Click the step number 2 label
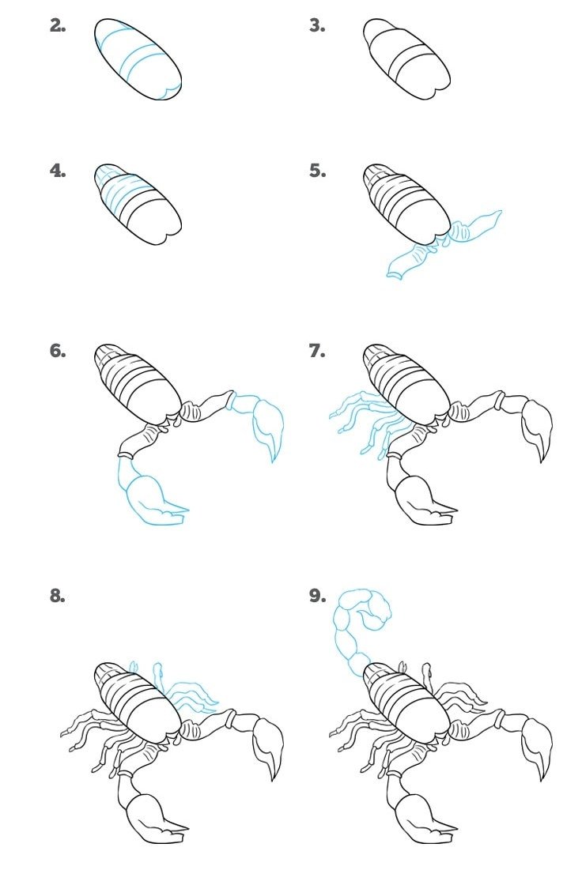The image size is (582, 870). (58, 25)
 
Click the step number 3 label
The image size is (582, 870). (317, 25)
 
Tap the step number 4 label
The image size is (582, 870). (58, 171)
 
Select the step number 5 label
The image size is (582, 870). (317, 171)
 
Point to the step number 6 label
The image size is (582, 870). (58, 351)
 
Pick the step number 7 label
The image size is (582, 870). (317, 351)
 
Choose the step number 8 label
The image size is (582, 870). (58, 596)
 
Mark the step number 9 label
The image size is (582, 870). (317, 596)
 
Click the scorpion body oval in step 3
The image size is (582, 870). (406, 59)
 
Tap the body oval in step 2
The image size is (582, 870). (138, 59)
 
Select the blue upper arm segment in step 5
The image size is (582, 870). (474, 228)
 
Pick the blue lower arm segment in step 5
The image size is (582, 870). (411, 260)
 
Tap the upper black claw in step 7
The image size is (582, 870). (537, 427)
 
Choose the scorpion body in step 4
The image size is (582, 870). (138, 204)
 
